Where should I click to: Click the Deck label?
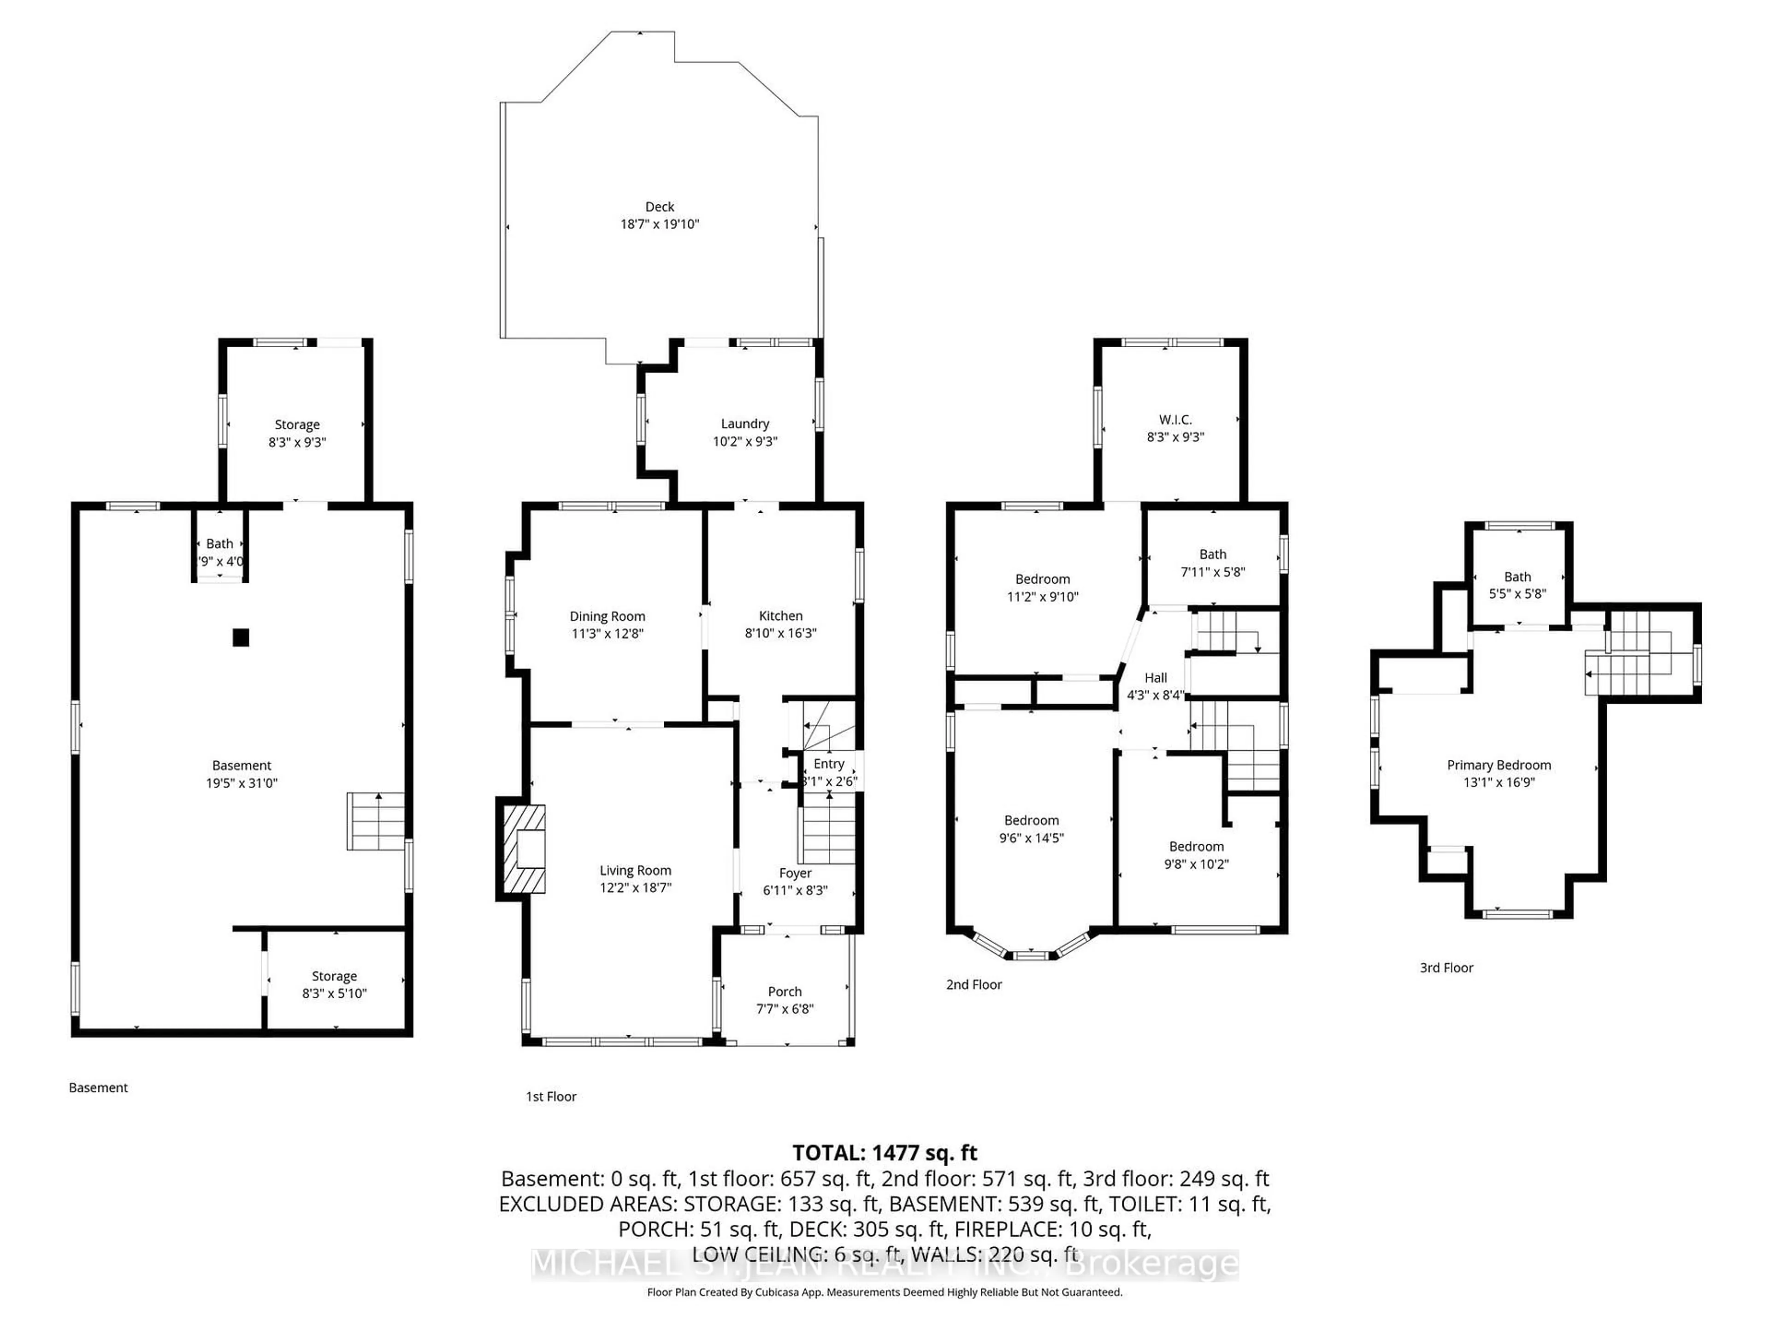click(x=659, y=207)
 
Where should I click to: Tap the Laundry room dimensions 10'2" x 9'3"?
click(x=745, y=441)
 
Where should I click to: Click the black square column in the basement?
click(x=241, y=637)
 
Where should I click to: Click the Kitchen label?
click(x=780, y=616)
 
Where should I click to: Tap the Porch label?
click(x=784, y=992)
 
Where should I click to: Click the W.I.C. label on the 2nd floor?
click(x=1174, y=420)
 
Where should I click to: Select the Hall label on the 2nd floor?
click(x=1156, y=677)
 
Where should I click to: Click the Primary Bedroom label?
click(x=1499, y=765)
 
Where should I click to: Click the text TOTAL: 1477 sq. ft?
click(x=884, y=1153)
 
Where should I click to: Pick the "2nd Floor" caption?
click(x=974, y=984)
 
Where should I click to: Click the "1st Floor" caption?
click(x=550, y=1097)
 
